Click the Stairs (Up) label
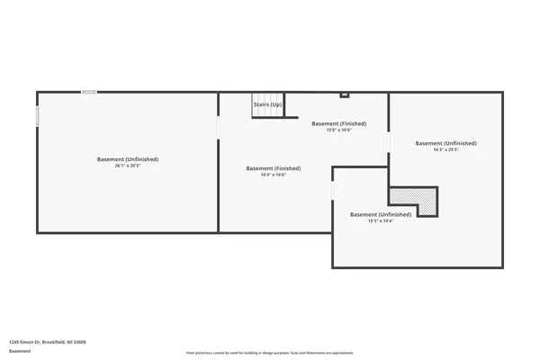267,104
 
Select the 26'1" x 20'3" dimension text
128,166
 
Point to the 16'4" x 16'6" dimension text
274,175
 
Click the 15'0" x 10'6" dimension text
338,130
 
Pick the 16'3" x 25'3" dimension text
445,150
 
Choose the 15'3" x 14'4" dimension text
381,221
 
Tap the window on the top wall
89,92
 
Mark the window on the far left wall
37,117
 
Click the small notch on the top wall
344,94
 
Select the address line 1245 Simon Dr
48,342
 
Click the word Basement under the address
20,351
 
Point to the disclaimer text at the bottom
270,353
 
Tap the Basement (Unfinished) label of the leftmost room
128,159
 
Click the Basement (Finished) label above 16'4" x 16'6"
274,168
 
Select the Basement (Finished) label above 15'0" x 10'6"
338,123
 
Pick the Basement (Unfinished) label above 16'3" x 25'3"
445,143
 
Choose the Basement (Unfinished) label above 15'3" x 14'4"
381,214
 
